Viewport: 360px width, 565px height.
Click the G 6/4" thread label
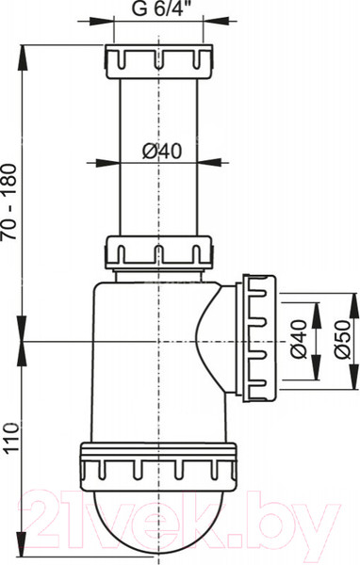pyautogui.click(x=159, y=8)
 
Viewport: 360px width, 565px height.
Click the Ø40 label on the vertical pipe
pyautogui.click(x=162, y=151)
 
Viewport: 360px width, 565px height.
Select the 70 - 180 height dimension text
pyautogui.click(x=9, y=202)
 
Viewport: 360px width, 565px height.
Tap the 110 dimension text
pyautogui.click(x=9, y=438)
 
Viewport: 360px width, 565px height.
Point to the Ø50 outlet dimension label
pyautogui.click(x=342, y=339)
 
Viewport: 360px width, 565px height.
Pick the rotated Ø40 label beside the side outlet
pyautogui.click(x=299, y=339)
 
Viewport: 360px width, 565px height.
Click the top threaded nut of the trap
pyautogui.click(x=159, y=61)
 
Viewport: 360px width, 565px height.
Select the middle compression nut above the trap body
pyautogui.click(x=158, y=252)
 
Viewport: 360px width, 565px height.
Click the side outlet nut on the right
pyautogui.click(x=259, y=338)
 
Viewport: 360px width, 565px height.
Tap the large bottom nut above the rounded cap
pyautogui.click(x=158, y=467)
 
